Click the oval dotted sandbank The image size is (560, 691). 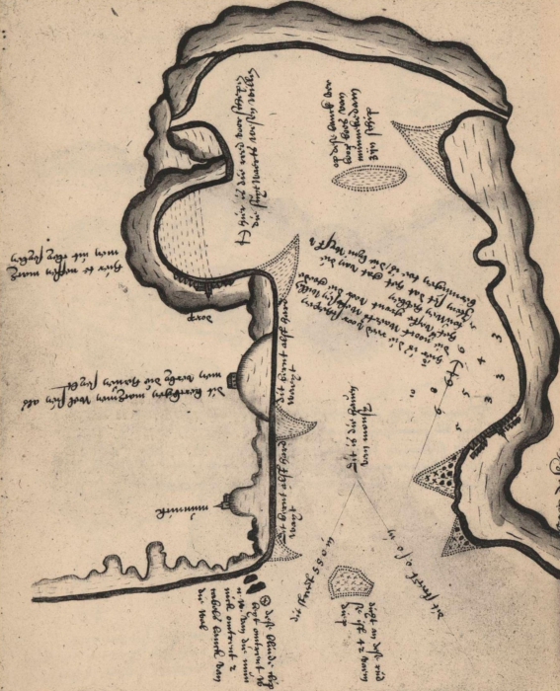point(367,178)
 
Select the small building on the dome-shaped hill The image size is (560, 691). point(231,377)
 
